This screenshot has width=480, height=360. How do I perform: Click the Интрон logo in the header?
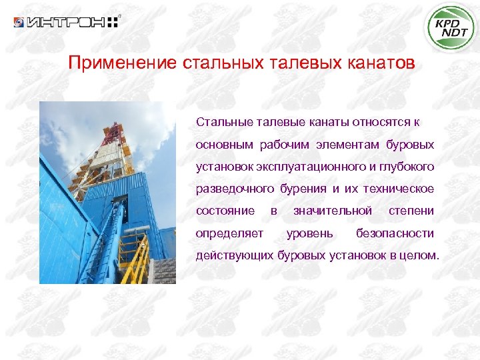click(x=67, y=22)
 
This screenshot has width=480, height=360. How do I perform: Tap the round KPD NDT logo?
click(x=451, y=27)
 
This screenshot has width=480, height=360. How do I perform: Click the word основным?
click(x=220, y=145)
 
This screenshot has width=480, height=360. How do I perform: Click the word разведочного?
click(x=233, y=189)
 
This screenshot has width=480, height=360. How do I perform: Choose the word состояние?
click(x=225, y=211)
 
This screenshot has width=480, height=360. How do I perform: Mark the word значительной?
click(x=333, y=211)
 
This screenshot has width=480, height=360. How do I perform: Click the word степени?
click(x=411, y=211)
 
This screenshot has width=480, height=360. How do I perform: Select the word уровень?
click(x=310, y=233)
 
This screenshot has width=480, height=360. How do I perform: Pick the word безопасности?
click(x=395, y=233)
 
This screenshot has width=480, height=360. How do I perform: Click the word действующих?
click(x=234, y=255)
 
